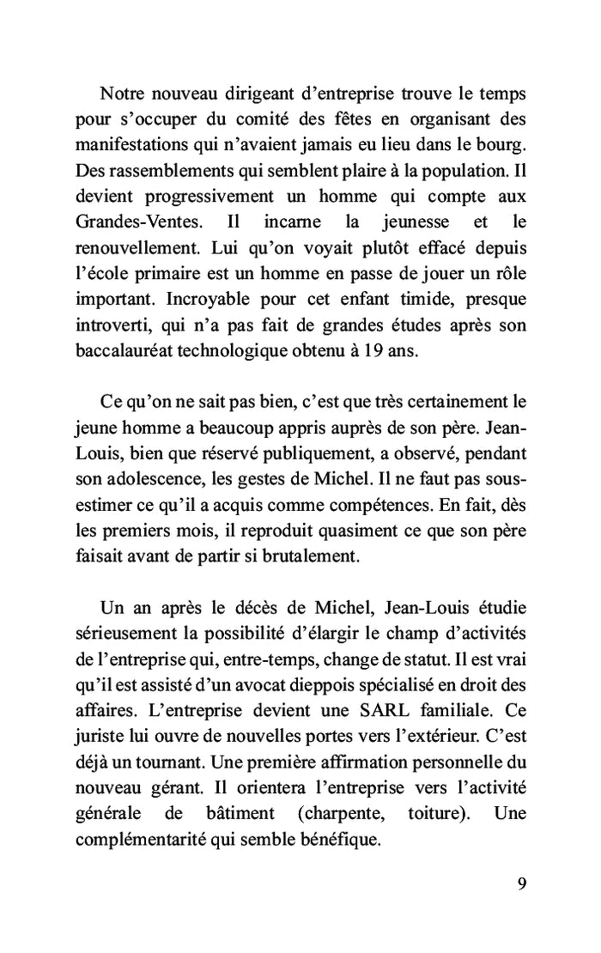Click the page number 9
[x=522, y=884]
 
